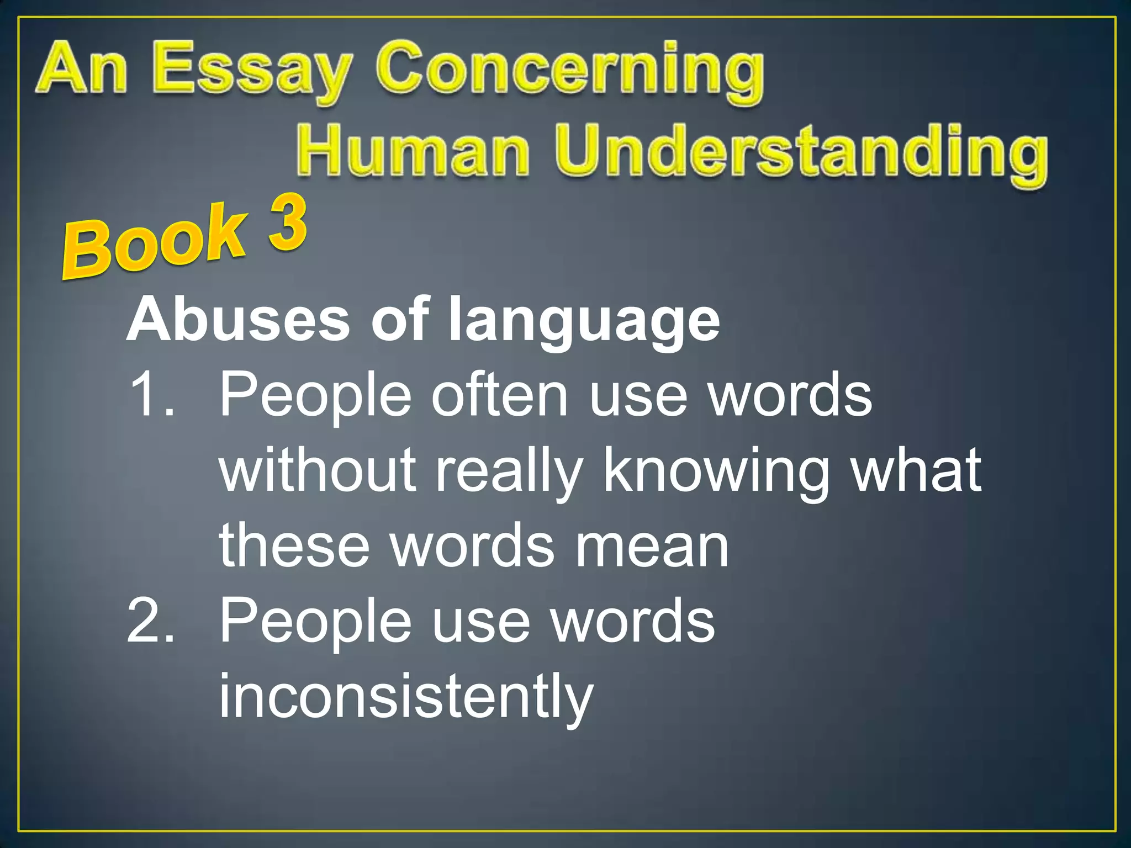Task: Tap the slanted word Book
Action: pos(155,243)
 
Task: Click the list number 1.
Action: pos(150,395)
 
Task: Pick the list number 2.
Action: pos(150,621)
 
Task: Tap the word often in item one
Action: pos(500,395)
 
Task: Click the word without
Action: pos(318,469)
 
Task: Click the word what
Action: pos(917,469)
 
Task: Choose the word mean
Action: pos(652,547)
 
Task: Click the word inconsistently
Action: pos(406,697)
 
